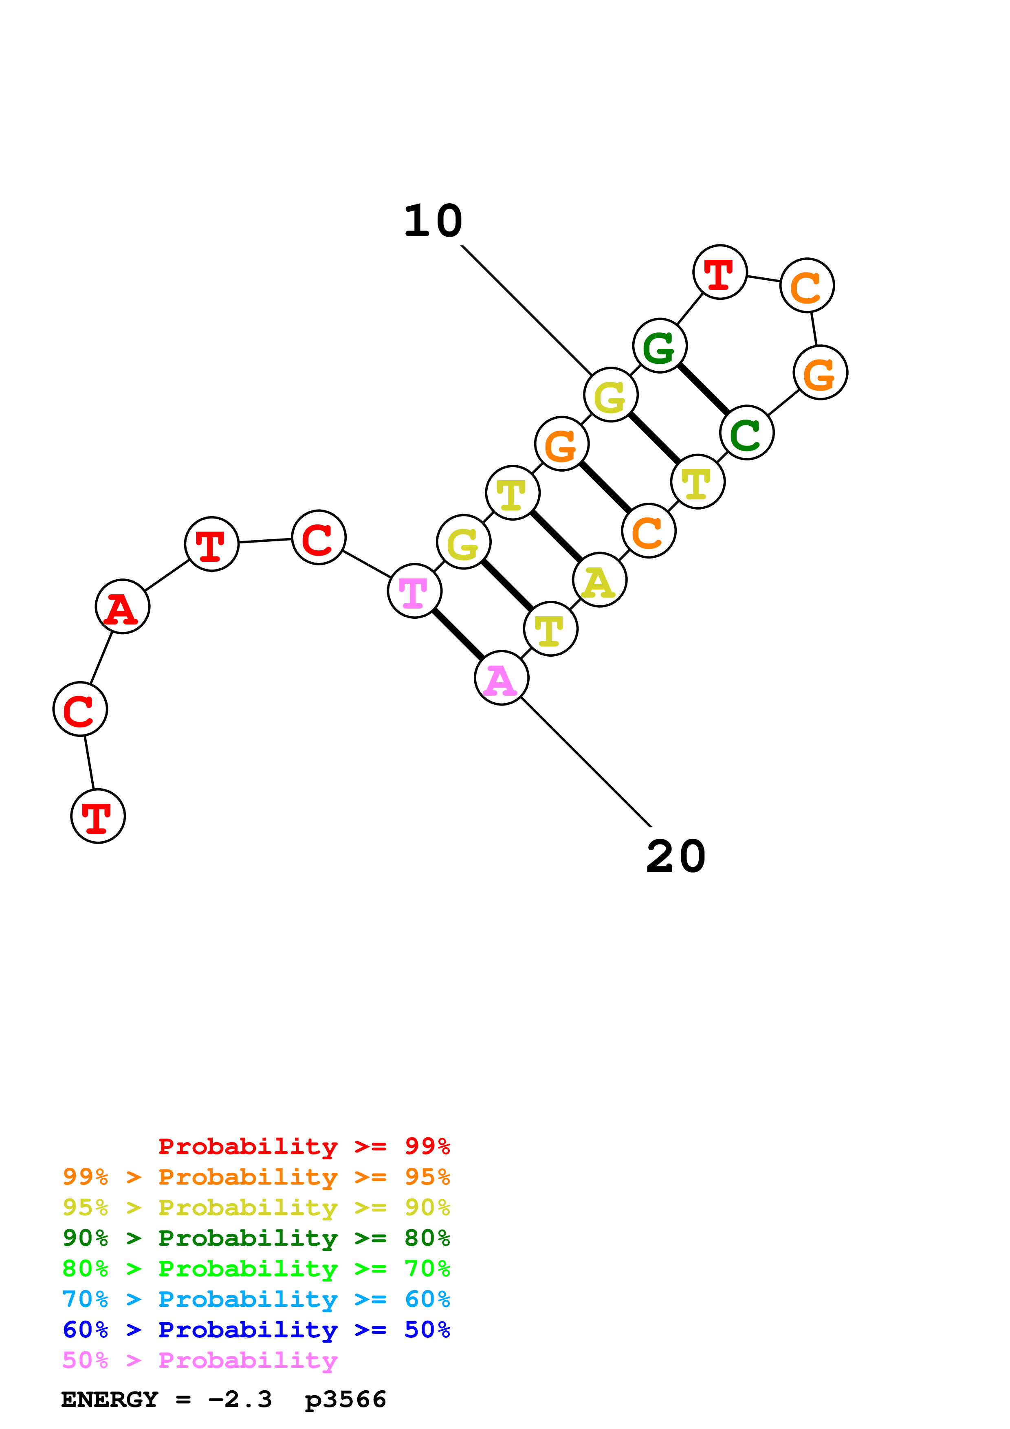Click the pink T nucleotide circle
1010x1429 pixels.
point(414,591)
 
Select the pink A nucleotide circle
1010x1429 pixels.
point(502,678)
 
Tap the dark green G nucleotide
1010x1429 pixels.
point(660,345)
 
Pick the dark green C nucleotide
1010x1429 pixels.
point(747,433)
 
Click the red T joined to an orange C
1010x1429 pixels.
point(720,272)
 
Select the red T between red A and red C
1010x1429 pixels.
point(211,544)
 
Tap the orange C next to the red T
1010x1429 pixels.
point(807,285)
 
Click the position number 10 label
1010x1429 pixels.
point(433,222)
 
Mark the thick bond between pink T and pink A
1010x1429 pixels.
point(458,634)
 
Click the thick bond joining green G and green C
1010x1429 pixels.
point(703,389)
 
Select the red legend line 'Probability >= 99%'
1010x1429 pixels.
point(304,1146)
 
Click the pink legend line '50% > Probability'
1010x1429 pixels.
point(200,1359)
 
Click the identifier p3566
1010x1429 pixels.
point(345,1399)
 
